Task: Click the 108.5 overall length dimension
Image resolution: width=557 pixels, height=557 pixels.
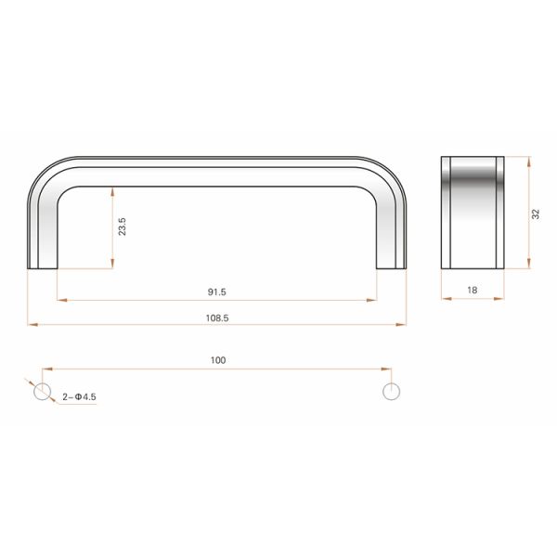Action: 218,317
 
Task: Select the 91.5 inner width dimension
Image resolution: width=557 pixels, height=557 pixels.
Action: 217,292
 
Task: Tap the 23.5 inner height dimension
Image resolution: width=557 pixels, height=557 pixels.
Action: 122,227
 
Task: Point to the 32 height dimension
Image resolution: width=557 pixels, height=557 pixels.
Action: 536,214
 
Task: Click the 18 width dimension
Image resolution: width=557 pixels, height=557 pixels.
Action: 472,291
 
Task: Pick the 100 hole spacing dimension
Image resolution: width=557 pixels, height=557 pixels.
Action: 218,360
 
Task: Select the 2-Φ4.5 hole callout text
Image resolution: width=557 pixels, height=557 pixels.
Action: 79,397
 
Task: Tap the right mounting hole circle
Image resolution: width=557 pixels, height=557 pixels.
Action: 392,392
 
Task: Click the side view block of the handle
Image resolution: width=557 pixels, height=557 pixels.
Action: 472,213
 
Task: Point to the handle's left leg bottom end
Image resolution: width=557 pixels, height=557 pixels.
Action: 43,266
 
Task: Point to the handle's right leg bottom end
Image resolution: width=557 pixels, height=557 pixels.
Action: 392,266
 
